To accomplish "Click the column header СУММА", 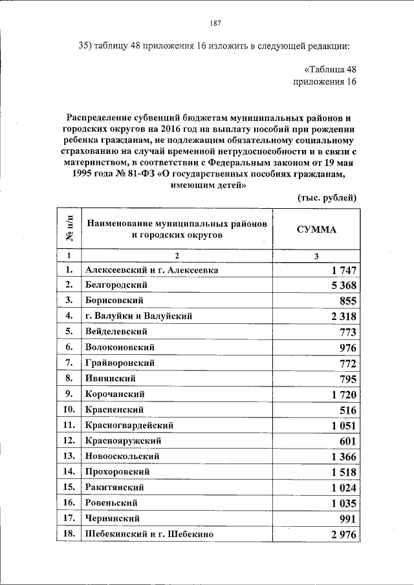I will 316,229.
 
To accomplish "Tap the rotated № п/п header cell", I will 70,229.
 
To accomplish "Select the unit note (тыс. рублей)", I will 327,197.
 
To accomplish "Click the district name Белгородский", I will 116,285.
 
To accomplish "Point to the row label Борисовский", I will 114,301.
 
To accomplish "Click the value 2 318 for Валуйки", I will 341,316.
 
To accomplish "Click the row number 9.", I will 69,394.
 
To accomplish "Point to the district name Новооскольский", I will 122,456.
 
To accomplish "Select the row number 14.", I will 69,472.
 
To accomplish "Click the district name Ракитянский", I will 114,487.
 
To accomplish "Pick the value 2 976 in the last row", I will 341,534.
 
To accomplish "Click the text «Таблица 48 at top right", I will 330,70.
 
